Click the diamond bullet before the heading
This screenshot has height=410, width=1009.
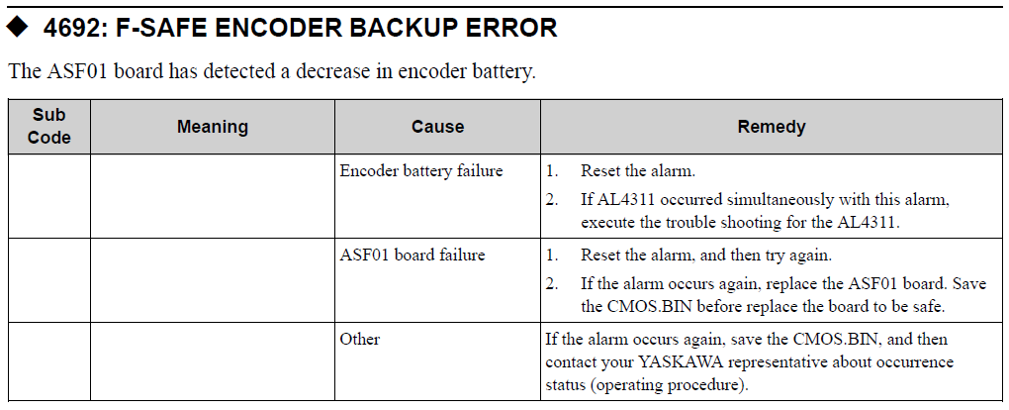[x=18, y=27]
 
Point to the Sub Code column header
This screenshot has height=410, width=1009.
[x=48, y=127]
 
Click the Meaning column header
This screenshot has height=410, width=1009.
[x=213, y=127]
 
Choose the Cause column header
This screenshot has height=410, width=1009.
[x=437, y=127]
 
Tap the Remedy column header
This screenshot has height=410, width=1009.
[x=772, y=127]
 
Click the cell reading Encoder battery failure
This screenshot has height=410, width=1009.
[x=421, y=171]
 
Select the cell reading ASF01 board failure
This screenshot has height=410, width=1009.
[x=413, y=256]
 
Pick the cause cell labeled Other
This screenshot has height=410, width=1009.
[x=360, y=339]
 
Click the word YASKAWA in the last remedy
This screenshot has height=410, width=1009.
[x=681, y=362]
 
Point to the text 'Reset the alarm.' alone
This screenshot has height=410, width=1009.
[x=638, y=171]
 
